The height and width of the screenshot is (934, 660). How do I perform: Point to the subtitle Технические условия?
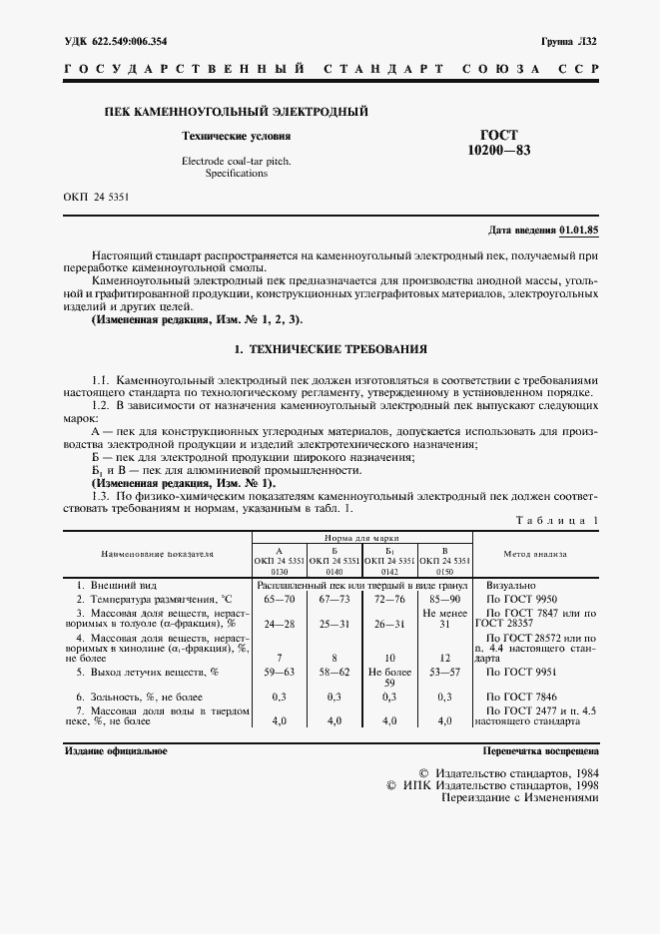pyautogui.click(x=237, y=135)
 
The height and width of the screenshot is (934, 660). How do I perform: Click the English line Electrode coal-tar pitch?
pyautogui.click(x=237, y=160)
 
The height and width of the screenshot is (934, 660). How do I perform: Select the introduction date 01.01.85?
pyautogui.click(x=579, y=231)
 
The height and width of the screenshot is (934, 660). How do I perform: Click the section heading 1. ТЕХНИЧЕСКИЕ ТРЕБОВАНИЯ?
pyautogui.click(x=330, y=350)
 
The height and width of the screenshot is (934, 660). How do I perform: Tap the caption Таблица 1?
pyautogui.click(x=557, y=520)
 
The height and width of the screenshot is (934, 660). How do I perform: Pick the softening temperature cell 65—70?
pyautogui.click(x=279, y=598)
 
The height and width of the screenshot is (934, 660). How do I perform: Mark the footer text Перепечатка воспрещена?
pyautogui.click(x=540, y=750)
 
